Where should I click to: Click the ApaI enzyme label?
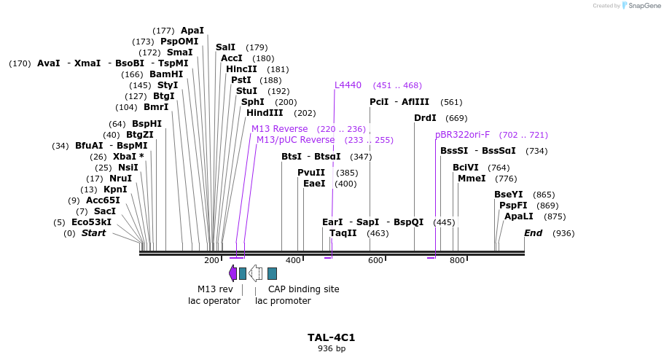[x=192, y=31]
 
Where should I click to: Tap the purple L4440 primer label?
[x=348, y=85]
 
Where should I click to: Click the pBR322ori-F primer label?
[x=462, y=135]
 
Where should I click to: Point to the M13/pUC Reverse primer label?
[x=295, y=140]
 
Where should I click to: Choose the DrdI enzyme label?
[x=425, y=118]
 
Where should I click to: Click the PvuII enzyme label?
[x=311, y=173]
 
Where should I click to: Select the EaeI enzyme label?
[x=314, y=184]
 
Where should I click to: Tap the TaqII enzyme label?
[x=343, y=233]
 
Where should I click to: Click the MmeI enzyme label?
[x=472, y=179]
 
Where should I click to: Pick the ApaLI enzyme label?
[x=519, y=216]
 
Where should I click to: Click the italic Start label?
[x=93, y=233]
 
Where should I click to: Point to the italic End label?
[x=533, y=233]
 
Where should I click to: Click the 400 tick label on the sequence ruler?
[x=293, y=261]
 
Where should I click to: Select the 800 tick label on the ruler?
[x=457, y=261]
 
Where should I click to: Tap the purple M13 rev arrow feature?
[x=233, y=273]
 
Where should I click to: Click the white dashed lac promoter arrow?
[x=255, y=273]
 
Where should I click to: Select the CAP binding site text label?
[x=303, y=289]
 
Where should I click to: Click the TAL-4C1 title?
[x=331, y=337]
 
